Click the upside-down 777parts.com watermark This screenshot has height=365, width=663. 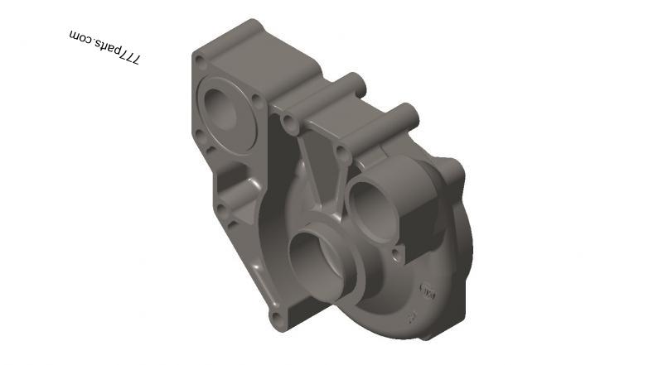pyautogui.click(x=105, y=47)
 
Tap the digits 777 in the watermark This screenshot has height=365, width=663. pyautogui.click(x=129, y=56)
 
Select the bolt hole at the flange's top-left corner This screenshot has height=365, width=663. pyautogui.click(x=200, y=60)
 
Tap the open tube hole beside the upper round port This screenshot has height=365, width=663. pyautogui.click(x=341, y=153)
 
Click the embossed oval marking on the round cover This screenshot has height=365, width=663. pyautogui.click(x=428, y=291)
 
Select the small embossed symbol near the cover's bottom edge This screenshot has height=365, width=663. pyautogui.click(x=408, y=317)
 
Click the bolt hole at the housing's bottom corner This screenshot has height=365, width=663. pyautogui.click(x=277, y=316)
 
